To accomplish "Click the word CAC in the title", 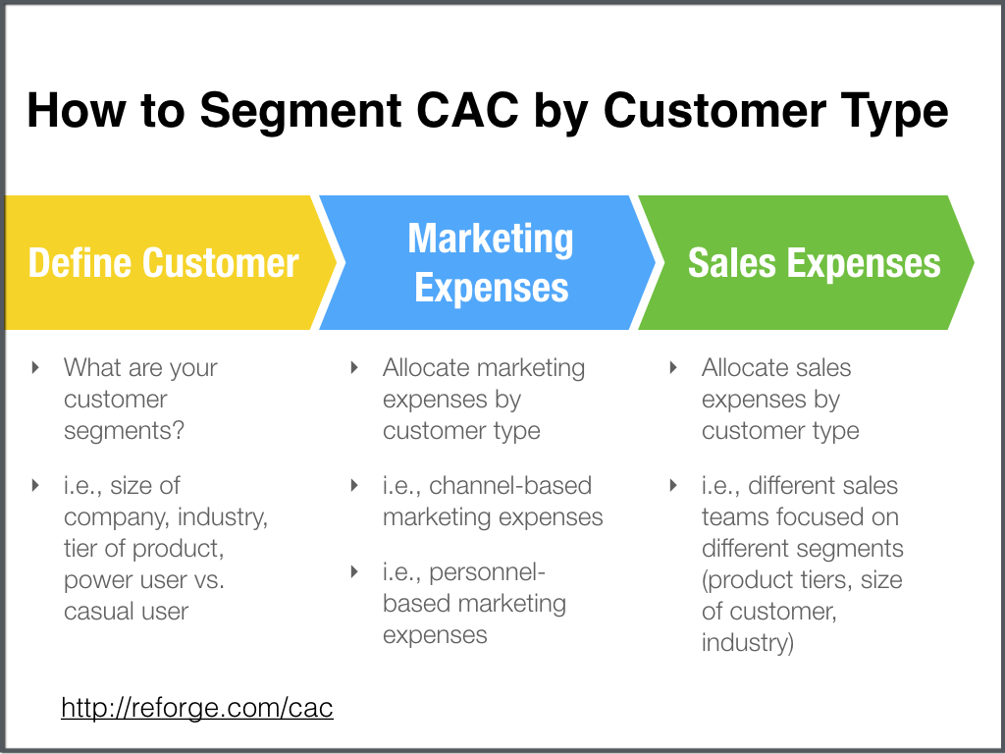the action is point(467,110).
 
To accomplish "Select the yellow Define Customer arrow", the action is point(171,262).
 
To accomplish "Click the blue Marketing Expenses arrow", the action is point(488,262).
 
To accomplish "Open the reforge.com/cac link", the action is point(196,708).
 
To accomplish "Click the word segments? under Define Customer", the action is point(124,431).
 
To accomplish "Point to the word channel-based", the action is point(510,485).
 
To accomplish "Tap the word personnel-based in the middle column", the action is point(474,587).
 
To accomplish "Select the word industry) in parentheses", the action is point(747,642).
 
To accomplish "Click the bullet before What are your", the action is point(36,367).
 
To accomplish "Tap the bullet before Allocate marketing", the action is point(353,367).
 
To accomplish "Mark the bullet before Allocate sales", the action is point(673,367).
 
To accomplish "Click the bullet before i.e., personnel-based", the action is point(353,571).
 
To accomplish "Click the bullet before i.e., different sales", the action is point(673,485).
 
